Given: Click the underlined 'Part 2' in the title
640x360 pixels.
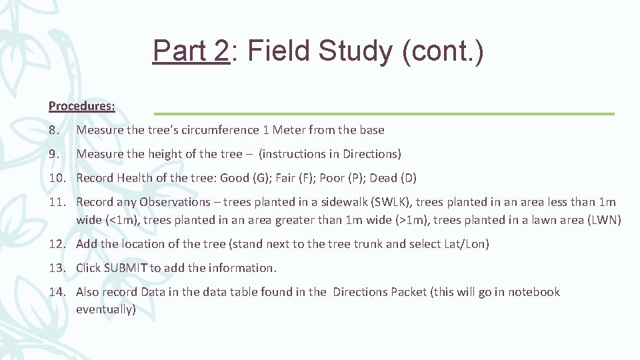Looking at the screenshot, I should (x=191, y=51).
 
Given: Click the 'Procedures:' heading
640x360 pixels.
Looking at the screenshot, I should (x=81, y=106).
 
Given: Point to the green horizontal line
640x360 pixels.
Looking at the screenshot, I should (x=384, y=114).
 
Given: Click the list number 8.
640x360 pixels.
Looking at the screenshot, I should (x=54, y=130).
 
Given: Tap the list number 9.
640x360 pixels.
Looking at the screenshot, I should (x=54, y=154).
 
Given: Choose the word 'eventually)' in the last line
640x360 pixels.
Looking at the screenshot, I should (x=106, y=309).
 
